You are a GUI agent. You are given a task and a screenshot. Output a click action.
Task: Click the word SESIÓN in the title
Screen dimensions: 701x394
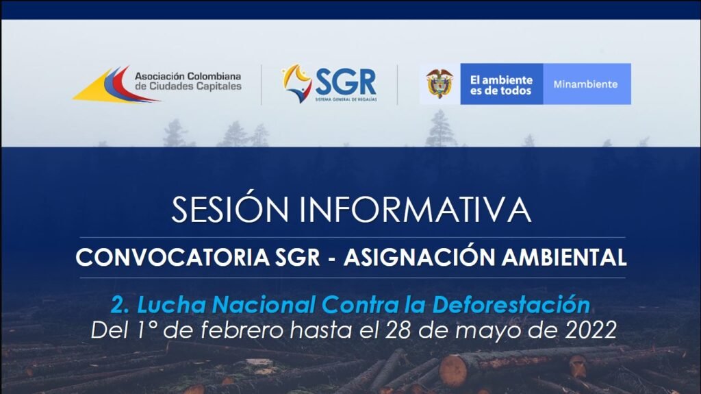coord(230,208)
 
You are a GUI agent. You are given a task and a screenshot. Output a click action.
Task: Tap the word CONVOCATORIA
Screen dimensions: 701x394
coord(173,258)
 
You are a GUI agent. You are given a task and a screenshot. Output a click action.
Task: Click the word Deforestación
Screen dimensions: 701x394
coord(511,305)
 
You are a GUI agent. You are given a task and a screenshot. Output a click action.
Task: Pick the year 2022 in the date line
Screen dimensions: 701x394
coord(591,330)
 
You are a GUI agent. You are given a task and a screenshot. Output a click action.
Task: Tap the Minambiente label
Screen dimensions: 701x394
coord(585,84)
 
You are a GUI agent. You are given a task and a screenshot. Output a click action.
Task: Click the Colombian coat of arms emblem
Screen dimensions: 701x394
coord(439,84)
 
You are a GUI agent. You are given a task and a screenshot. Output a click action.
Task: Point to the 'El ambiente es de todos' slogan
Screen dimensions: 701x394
coord(501,85)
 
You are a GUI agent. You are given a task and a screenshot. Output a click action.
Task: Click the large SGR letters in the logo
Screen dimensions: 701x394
coord(346,82)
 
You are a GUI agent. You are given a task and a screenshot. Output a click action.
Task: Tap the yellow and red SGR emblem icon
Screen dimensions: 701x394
coord(297,83)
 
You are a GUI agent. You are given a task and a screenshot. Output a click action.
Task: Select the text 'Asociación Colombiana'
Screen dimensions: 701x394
coord(188,76)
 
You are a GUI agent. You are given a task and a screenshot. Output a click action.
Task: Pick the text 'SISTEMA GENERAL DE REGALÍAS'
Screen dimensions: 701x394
coord(346,99)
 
